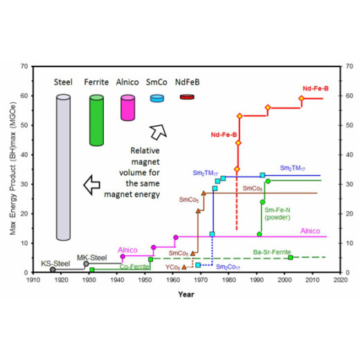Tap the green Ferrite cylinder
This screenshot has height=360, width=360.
click(100, 121)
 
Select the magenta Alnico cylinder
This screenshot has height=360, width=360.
click(128, 109)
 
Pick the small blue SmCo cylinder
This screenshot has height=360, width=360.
click(156, 99)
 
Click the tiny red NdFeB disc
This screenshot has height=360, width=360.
click(186, 98)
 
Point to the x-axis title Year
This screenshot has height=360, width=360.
click(185, 294)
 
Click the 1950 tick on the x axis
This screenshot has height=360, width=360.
click(145, 280)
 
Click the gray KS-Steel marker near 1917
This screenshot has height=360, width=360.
click(53, 269)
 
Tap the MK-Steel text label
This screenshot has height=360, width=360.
click(89, 257)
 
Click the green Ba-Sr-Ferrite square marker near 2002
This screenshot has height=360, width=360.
click(290, 258)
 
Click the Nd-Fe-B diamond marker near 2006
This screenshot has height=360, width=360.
click(301, 98)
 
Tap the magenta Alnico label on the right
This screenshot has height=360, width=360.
click(311, 231)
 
